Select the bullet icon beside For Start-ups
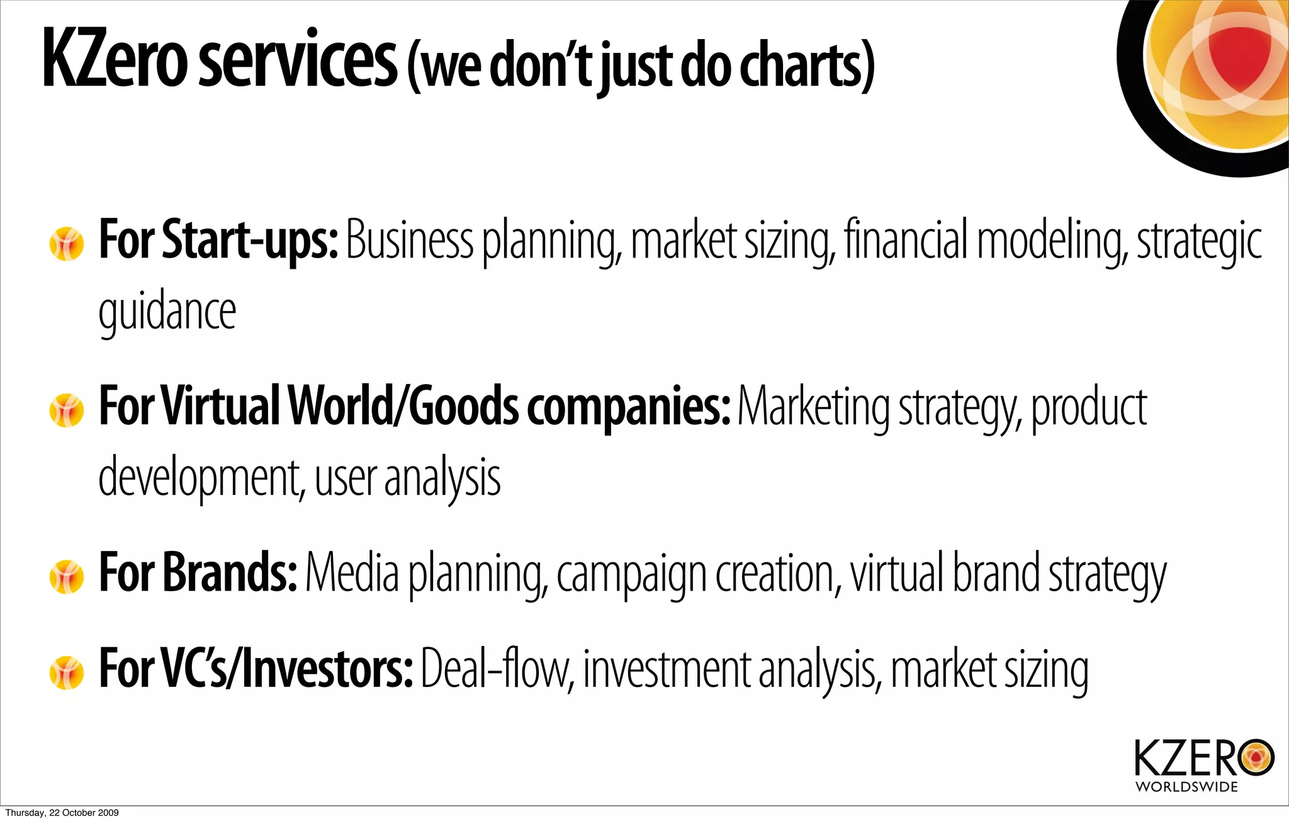click(66, 244)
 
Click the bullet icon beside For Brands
click(66, 577)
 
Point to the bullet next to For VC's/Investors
click(66, 672)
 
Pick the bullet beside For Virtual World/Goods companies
click(66, 410)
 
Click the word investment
click(667, 670)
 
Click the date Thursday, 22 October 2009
click(62, 813)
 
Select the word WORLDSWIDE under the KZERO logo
click(1186, 787)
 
